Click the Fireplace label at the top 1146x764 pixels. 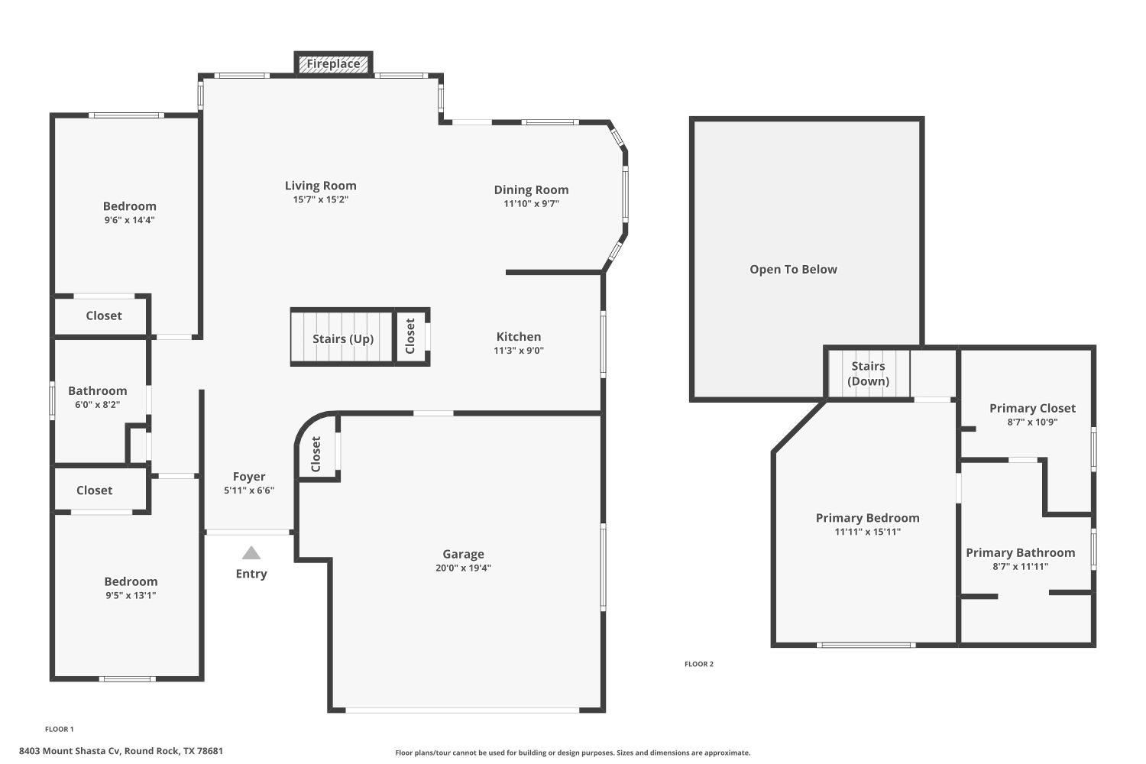[x=333, y=64]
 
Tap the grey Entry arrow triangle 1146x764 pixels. [x=251, y=553]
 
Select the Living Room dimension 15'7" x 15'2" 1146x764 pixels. [x=321, y=199]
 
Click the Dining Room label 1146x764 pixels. [x=531, y=189]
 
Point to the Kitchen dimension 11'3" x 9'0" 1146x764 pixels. [x=519, y=351]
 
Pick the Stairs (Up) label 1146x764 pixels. [x=343, y=338]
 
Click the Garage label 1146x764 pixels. [x=463, y=554]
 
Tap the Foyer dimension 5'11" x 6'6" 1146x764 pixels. [x=249, y=490]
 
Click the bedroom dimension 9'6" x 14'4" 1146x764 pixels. [x=130, y=220]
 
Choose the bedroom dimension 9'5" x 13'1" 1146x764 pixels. [x=131, y=595]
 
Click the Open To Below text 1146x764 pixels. [x=793, y=269]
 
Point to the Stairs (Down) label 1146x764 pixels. [x=869, y=374]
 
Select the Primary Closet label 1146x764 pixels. [x=1032, y=408]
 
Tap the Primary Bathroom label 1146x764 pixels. [x=1020, y=552]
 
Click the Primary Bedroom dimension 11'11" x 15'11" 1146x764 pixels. [x=868, y=532]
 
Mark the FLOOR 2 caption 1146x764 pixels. [x=699, y=664]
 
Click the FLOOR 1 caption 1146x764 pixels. [x=60, y=729]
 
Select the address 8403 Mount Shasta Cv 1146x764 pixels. [x=121, y=751]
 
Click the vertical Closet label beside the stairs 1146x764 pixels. [x=410, y=336]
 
